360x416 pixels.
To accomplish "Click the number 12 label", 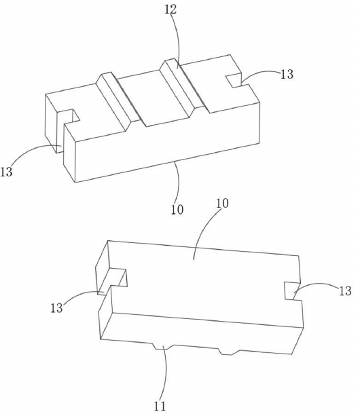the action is pyautogui.click(x=170, y=10).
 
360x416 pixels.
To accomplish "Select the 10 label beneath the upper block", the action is pyautogui.click(x=177, y=210).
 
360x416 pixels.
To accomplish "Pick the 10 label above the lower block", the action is pyautogui.click(x=222, y=204).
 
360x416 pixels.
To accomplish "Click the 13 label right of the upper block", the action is pyautogui.click(x=287, y=74).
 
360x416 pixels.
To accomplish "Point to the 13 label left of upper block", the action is pyautogui.click(x=6, y=172).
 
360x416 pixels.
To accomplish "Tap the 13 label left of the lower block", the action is pyautogui.click(x=56, y=307).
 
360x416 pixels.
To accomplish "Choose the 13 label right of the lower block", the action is pyautogui.click(x=346, y=291).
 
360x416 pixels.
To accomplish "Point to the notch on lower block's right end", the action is pyautogui.click(x=292, y=291).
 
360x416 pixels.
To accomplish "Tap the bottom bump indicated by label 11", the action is pyautogui.click(x=162, y=346).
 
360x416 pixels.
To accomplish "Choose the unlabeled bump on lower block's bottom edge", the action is pyautogui.click(x=228, y=352).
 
